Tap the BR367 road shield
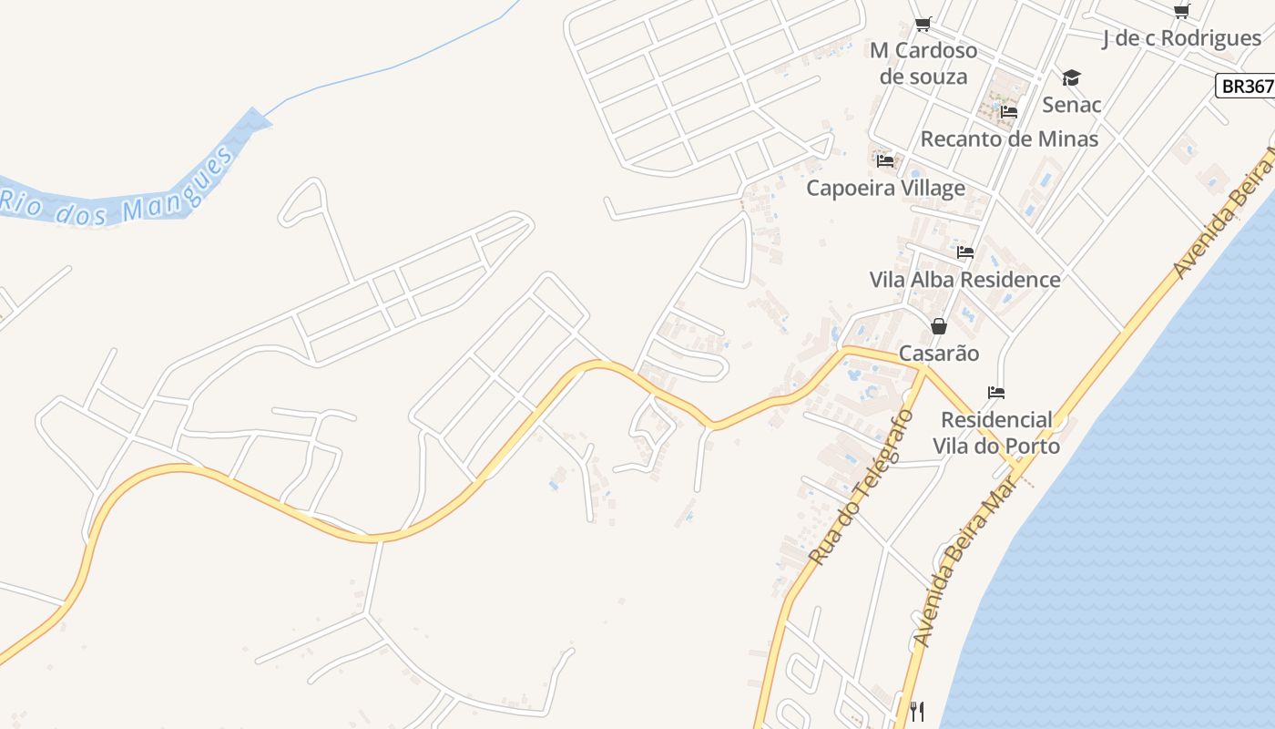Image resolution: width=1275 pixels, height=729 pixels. tap(1246, 86)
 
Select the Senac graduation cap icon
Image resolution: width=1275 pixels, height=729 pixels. tap(1071, 78)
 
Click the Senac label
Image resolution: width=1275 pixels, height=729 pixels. tap(1071, 105)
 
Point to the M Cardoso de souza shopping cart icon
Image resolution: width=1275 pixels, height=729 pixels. tap(923, 24)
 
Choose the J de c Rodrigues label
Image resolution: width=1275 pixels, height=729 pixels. tap(1181, 38)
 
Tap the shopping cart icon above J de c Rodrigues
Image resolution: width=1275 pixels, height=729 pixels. tap(1181, 12)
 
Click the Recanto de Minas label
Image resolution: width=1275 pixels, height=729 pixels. tap(1009, 139)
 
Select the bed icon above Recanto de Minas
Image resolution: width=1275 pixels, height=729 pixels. tap(1009, 113)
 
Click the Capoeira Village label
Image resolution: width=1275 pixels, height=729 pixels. tap(885, 188)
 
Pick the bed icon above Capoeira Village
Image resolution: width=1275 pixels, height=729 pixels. tap(885, 161)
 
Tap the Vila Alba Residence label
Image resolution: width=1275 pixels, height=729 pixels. tap(964, 279)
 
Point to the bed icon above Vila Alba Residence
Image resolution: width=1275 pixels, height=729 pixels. tap(965, 252)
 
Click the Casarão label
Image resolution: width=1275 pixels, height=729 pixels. tap(939, 353)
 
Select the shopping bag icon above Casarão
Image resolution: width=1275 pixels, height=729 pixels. tap(939, 326)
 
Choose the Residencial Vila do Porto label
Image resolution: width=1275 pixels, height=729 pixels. tap(996, 433)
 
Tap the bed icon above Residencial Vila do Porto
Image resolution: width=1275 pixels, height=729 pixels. tap(996, 394)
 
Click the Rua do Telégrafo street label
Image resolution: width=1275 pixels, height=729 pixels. tap(862, 487)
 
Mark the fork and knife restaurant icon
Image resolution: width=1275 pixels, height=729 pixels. tap(917, 711)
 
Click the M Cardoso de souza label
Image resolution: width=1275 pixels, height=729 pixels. tap(923, 63)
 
